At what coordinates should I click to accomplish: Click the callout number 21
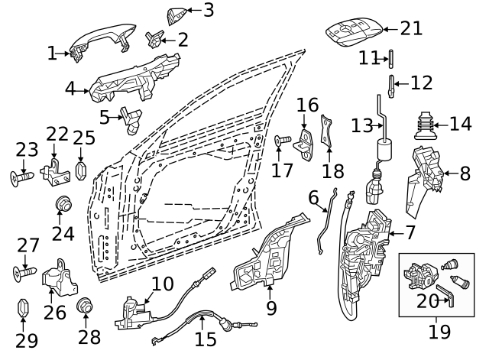point(411,29)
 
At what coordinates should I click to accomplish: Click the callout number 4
point(70,89)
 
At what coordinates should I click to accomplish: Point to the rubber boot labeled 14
point(428,127)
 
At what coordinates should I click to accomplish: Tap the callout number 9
point(271,308)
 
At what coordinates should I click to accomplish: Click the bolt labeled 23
point(23,179)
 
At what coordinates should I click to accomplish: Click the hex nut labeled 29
point(23,310)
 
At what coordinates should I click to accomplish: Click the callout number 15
point(206,339)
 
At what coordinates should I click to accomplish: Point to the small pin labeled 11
point(390,58)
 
